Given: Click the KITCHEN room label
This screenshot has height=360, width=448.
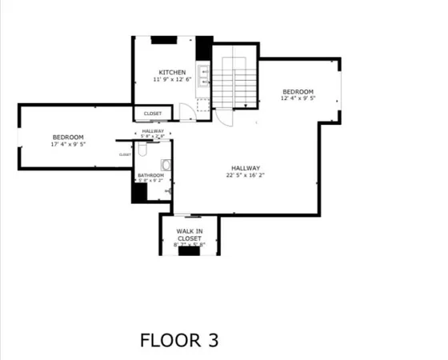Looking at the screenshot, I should click(172, 71).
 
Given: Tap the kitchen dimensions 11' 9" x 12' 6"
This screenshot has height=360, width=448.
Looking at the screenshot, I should click(172, 79).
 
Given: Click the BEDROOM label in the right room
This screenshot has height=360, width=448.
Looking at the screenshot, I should click(297, 92).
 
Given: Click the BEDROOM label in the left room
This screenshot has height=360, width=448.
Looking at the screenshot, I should click(68, 137).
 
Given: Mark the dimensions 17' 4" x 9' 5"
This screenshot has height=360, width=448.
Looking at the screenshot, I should click(68, 145).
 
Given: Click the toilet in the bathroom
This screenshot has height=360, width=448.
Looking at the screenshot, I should click(165, 165).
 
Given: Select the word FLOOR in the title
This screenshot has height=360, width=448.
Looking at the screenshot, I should click(167, 339).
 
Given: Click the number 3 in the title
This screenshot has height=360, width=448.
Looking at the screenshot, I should click(211, 339).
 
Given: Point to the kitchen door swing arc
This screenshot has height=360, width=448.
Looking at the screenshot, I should click(186, 111).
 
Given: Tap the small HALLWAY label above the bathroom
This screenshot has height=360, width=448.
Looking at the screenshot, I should click(153, 130).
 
